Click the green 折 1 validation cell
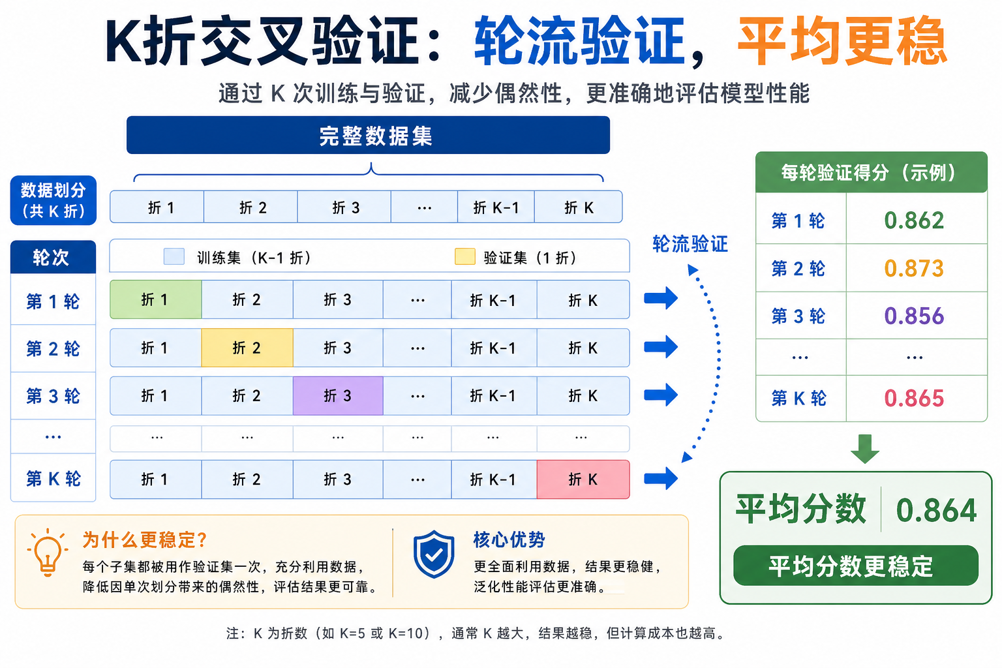tap(155, 299)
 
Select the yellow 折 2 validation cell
tap(247, 348)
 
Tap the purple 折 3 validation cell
tap(338, 395)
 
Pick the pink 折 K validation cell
tap(583, 479)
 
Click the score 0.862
tap(914, 220)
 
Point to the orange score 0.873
tap(914, 268)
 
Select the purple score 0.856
tap(914, 316)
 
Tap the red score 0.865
tap(914, 398)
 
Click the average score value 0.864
tap(936, 510)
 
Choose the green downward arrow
tap(865, 448)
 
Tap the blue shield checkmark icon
tap(434, 554)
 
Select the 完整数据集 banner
tap(368, 136)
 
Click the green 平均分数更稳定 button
tap(855, 566)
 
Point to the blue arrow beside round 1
tap(661, 299)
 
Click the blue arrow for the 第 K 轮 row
tap(661, 479)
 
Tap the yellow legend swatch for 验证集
tap(464, 256)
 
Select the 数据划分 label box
tap(53, 200)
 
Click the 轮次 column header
tap(53, 258)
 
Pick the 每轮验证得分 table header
tap(871, 173)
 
